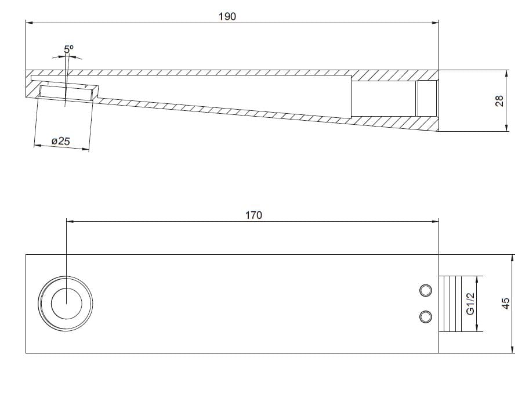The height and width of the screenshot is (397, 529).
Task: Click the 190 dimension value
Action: pyautogui.click(x=227, y=16)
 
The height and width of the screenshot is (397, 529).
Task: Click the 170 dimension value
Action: pyautogui.click(x=253, y=215)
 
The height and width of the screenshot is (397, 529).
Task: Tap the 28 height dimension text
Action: pyautogui.click(x=498, y=100)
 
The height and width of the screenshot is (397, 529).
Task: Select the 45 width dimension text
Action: pyautogui.click(x=505, y=303)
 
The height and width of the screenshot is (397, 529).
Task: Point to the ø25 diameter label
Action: pyautogui.click(x=60, y=141)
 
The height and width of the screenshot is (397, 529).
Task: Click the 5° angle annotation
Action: pyautogui.click(x=69, y=50)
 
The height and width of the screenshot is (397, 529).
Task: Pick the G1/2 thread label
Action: pyautogui.click(x=471, y=303)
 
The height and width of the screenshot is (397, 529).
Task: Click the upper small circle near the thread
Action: pyautogui.click(x=426, y=290)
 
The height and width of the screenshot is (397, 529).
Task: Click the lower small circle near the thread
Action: pyautogui.click(x=426, y=316)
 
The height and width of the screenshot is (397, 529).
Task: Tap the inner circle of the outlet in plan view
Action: pyautogui.click(x=66, y=304)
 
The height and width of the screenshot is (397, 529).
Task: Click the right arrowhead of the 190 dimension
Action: pyautogui.click(x=435, y=23)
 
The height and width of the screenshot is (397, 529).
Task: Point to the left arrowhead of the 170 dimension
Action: pyautogui.click(x=70, y=221)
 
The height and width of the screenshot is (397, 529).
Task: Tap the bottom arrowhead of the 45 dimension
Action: pyautogui.click(x=513, y=349)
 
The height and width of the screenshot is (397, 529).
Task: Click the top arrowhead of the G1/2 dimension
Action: pyautogui.click(x=479, y=278)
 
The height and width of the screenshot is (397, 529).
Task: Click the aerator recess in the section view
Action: pyautogui.click(x=67, y=93)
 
